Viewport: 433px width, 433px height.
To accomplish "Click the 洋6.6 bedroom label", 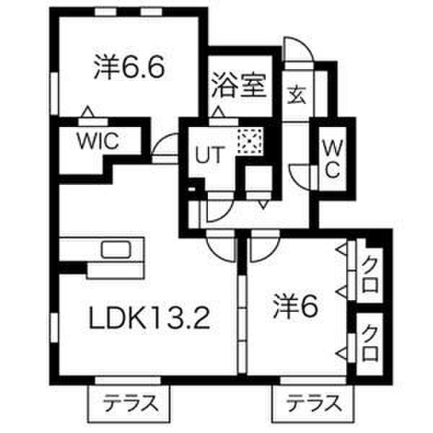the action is [x=129, y=67].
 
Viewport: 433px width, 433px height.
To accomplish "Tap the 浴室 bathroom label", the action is [x=239, y=86].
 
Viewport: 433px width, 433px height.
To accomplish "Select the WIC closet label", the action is [x=98, y=141].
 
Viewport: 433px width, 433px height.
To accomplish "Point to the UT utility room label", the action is [x=209, y=155].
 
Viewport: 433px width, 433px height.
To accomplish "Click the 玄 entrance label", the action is [x=297, y=96].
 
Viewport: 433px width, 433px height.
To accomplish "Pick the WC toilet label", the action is [x=333, y=159].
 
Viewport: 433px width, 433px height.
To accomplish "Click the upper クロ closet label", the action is [x=370, y=276].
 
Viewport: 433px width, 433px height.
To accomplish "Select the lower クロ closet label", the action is [x=370, y=344].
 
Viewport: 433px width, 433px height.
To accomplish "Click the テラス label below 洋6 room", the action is [x=314, y=404].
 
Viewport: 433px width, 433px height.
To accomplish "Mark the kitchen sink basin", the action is [x=115, y=250].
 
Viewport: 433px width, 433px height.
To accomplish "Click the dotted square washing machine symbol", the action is [x=250, y=141].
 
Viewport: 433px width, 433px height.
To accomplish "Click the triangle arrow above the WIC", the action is [x=88, y=111].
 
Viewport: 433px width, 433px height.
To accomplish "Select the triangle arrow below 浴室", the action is [x=219, y=112].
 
